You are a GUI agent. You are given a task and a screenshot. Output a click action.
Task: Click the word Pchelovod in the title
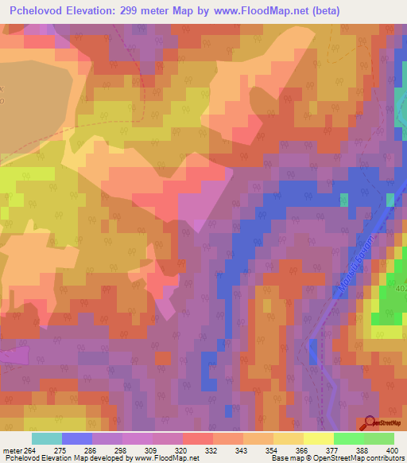39,11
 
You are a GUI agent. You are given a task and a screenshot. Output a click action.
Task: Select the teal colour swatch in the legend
47,438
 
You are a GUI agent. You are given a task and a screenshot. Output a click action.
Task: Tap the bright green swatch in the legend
349,438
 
